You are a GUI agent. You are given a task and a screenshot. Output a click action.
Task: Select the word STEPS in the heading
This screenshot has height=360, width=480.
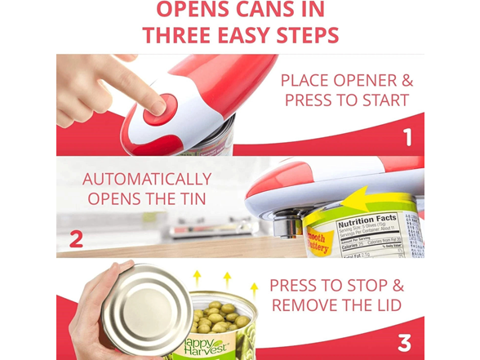click(x=296, y=36)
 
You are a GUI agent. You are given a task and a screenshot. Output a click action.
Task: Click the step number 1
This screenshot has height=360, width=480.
click(x=407, y=136)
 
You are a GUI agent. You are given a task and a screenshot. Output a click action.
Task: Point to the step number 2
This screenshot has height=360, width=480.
click(x=76, y=239)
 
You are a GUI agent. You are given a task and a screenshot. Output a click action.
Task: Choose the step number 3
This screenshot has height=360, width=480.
click(x=405, y=342)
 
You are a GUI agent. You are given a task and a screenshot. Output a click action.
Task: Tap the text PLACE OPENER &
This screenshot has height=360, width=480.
click(x=346, y=81)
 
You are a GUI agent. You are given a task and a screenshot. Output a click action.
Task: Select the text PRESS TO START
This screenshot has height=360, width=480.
click(x=346, y=102)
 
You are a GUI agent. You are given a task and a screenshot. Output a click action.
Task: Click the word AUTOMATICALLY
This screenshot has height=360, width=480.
click(x=147, y=179)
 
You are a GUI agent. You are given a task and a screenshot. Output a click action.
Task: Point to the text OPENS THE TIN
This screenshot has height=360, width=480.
click(x=147, y=200)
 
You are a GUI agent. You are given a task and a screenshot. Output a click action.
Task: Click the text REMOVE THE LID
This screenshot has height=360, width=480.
click(x=336, y=306)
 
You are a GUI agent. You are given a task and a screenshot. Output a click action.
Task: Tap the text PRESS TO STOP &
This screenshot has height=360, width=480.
click(x=336, y=286)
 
